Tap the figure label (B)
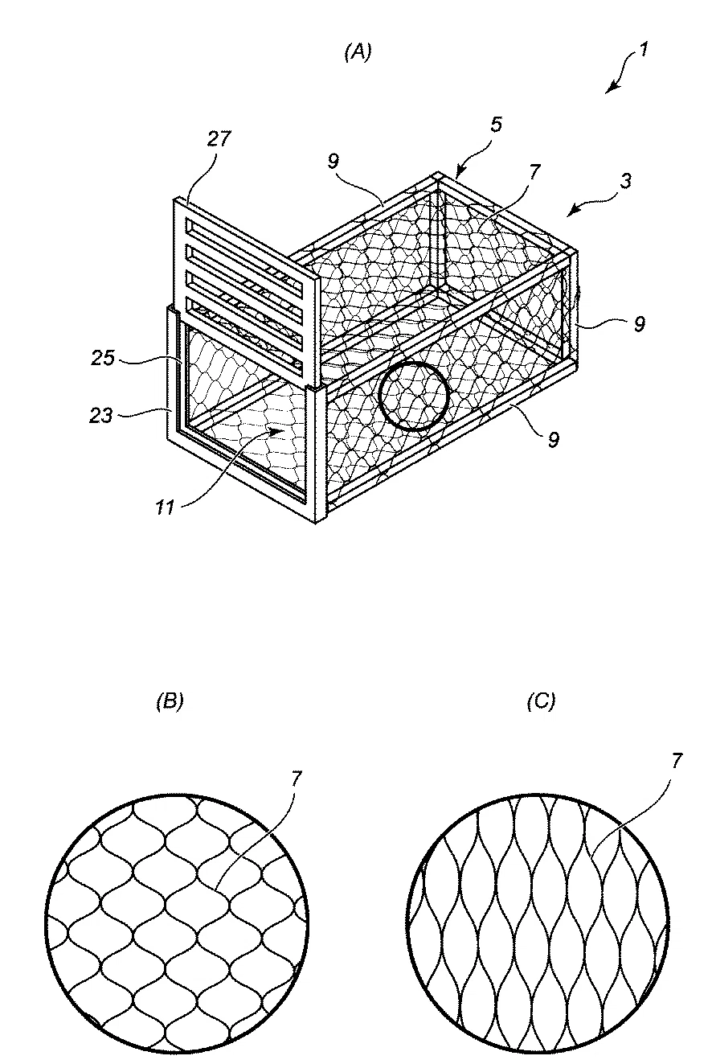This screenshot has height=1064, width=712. point(170,701)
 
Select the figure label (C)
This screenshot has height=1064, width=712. point(541,701)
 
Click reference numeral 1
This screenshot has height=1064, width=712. point(643,49)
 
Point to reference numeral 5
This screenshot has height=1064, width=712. point(496,125)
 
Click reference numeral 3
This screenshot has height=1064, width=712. point(626,181)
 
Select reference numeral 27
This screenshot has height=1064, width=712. point(219,138)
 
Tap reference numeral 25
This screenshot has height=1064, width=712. point(103,358)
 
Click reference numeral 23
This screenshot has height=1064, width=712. point(101,416)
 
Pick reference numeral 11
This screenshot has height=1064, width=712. point(166,507)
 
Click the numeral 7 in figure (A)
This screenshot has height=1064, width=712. point(534,172)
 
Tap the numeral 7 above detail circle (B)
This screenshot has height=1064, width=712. point(296,779)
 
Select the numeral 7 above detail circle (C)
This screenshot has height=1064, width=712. point(677,761)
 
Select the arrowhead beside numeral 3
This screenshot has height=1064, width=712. point(575,209)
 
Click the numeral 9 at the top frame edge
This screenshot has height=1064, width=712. point(333,162)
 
